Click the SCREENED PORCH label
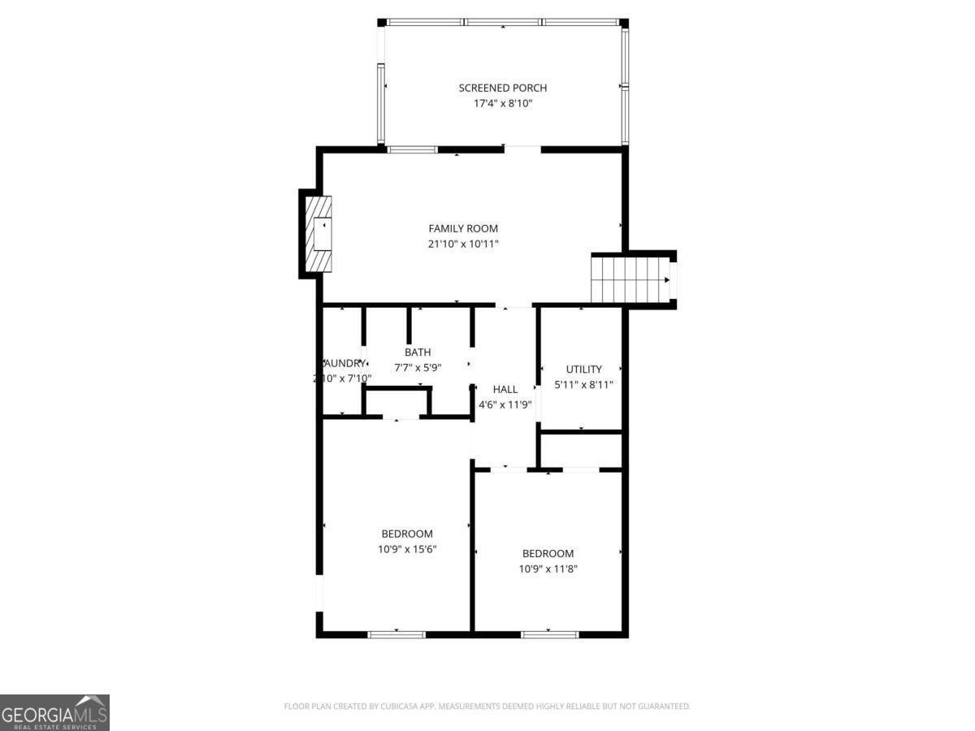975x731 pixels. pos(502,88)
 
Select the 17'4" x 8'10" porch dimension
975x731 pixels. pos(502,104)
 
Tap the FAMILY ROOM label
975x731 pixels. pos(463,228)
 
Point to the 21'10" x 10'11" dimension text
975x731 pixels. pos(463,244)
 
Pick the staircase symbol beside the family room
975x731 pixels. pos(617,279)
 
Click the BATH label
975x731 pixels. pos(418,352)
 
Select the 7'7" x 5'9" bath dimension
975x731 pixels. pos(418,367)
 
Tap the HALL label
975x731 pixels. pos(505,389)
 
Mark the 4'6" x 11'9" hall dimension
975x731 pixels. pos(505,404)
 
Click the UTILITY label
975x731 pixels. pos(583,370)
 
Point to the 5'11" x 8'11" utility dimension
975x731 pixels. pos(583,385)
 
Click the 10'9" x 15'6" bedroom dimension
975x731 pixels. pos(407,549)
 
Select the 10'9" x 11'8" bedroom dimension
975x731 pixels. pos(548,569)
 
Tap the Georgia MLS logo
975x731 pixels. pos(54,712)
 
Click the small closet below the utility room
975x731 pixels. pos(580,450)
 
